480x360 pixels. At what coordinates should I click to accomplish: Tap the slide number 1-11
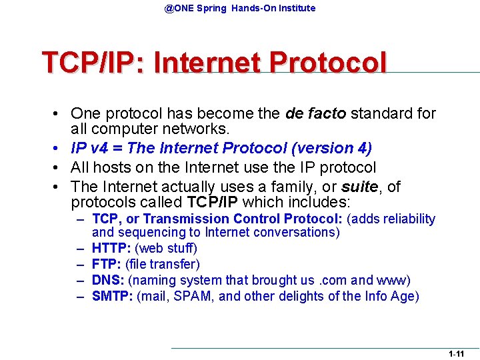(x=456, y=354)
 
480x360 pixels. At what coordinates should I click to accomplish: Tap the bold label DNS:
(x=108, y=280)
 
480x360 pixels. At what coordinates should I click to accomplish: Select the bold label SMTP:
(x=112, y=296)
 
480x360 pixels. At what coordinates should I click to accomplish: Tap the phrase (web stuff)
(x=166, y=248)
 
